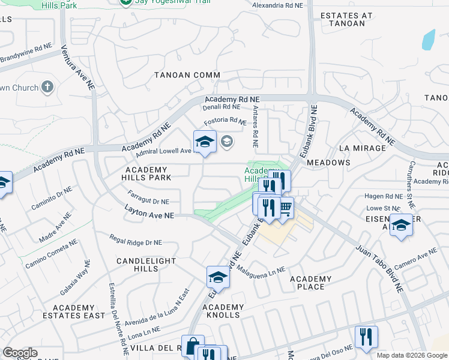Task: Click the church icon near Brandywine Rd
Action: pos(47,88)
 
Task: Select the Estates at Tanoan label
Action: pos(346,19)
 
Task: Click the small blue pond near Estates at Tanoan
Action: pos(428,40)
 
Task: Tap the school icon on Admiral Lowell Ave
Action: pos(205,142)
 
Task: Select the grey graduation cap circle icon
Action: pos(227,142)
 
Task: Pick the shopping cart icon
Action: pos(285,208)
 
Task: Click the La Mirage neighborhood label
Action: pos(362,148)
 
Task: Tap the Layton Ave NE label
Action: pos(149,211)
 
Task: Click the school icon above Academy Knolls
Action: pos(218,277)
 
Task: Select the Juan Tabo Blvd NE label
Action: pos(379,268)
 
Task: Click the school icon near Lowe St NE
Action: pos(401,225)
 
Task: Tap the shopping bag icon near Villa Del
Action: pos(193,346)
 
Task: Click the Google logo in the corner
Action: pos(20,353)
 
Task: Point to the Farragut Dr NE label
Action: pos(148,197)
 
